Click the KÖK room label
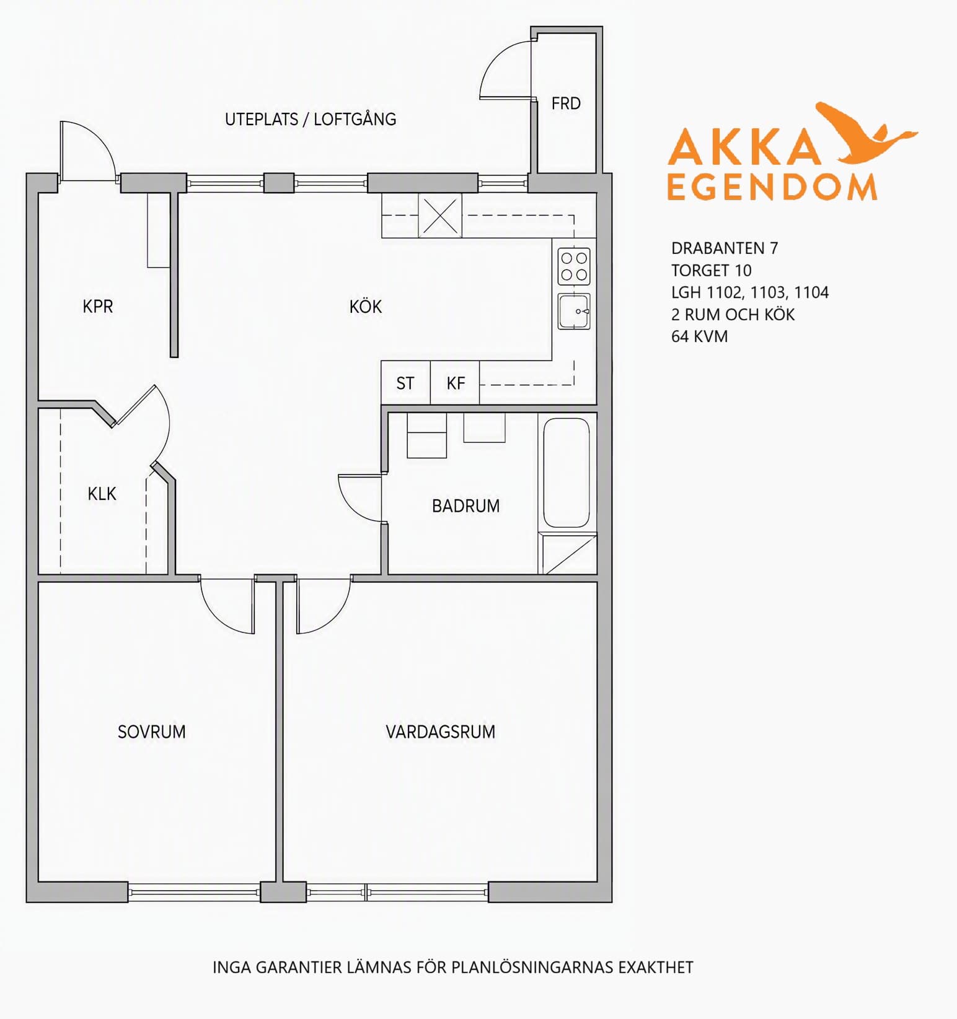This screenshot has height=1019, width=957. point(365,307)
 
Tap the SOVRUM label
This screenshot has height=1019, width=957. point(152,732)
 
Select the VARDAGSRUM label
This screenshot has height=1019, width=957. point(440,732)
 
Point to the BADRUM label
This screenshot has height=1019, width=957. point(465,506)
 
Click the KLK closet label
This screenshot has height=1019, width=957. point(102,494)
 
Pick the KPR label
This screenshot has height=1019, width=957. point(98,307)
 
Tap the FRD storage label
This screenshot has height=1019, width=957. point(566,103)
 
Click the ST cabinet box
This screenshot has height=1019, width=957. point(405,383)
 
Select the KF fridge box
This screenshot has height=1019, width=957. point(455,383)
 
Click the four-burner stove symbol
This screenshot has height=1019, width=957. point(574,266)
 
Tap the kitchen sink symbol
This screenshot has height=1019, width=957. point(574,311)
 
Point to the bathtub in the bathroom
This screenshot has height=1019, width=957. point(567,473)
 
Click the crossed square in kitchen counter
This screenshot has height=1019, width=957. point(440,216)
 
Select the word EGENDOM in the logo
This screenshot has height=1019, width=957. point(772,187)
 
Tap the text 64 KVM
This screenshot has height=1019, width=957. point(699,336)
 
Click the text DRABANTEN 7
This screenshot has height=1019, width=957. point(725,248)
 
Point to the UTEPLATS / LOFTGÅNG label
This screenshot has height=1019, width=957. point(311,119)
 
